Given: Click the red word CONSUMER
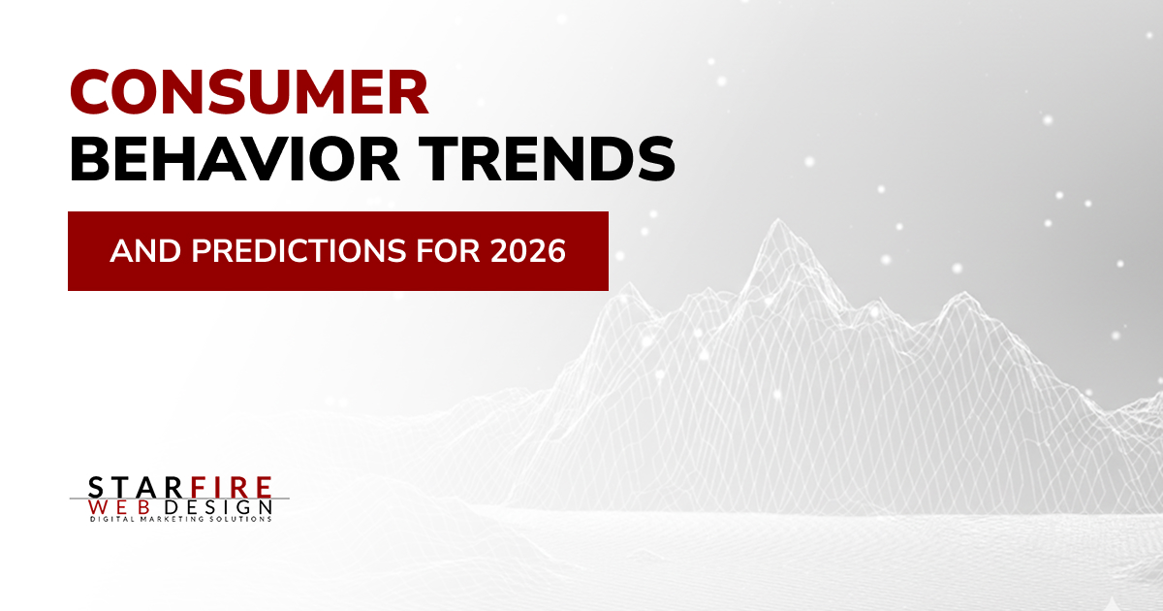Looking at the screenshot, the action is click(x=249, y=92).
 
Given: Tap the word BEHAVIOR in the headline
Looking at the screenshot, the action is click(x=235, y=158).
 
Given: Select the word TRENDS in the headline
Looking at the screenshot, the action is click(x=548, y=158).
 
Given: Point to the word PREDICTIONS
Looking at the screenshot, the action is click(x=299, y=251).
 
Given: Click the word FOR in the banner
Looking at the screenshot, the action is click(x=448, y=251).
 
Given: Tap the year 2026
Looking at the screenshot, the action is click(x=528, y=251).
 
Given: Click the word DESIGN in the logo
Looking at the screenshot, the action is click(x=219, y=507).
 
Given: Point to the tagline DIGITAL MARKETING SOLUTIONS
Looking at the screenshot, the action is click(x=181, y=519).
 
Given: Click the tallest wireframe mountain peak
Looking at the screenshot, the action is click(x=778, y=220).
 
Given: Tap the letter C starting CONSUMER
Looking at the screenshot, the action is click(x=92, y=92).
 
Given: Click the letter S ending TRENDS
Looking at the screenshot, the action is click(x=656, y=158).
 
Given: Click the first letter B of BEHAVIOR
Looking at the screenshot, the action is click(x=90, y=158).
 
